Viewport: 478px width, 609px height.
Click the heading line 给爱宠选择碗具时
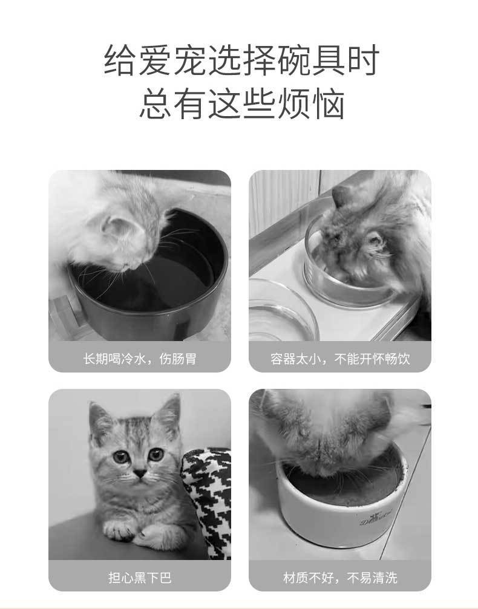(241, 61)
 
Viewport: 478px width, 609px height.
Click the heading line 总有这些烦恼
(241, 103)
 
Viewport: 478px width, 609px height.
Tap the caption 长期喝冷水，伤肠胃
(140, 359)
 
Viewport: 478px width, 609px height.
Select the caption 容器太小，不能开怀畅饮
(339, 359)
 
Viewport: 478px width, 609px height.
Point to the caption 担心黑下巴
(140, 578)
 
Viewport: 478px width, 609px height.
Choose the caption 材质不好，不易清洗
(339, 578)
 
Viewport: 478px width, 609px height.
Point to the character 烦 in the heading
(290, 103)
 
